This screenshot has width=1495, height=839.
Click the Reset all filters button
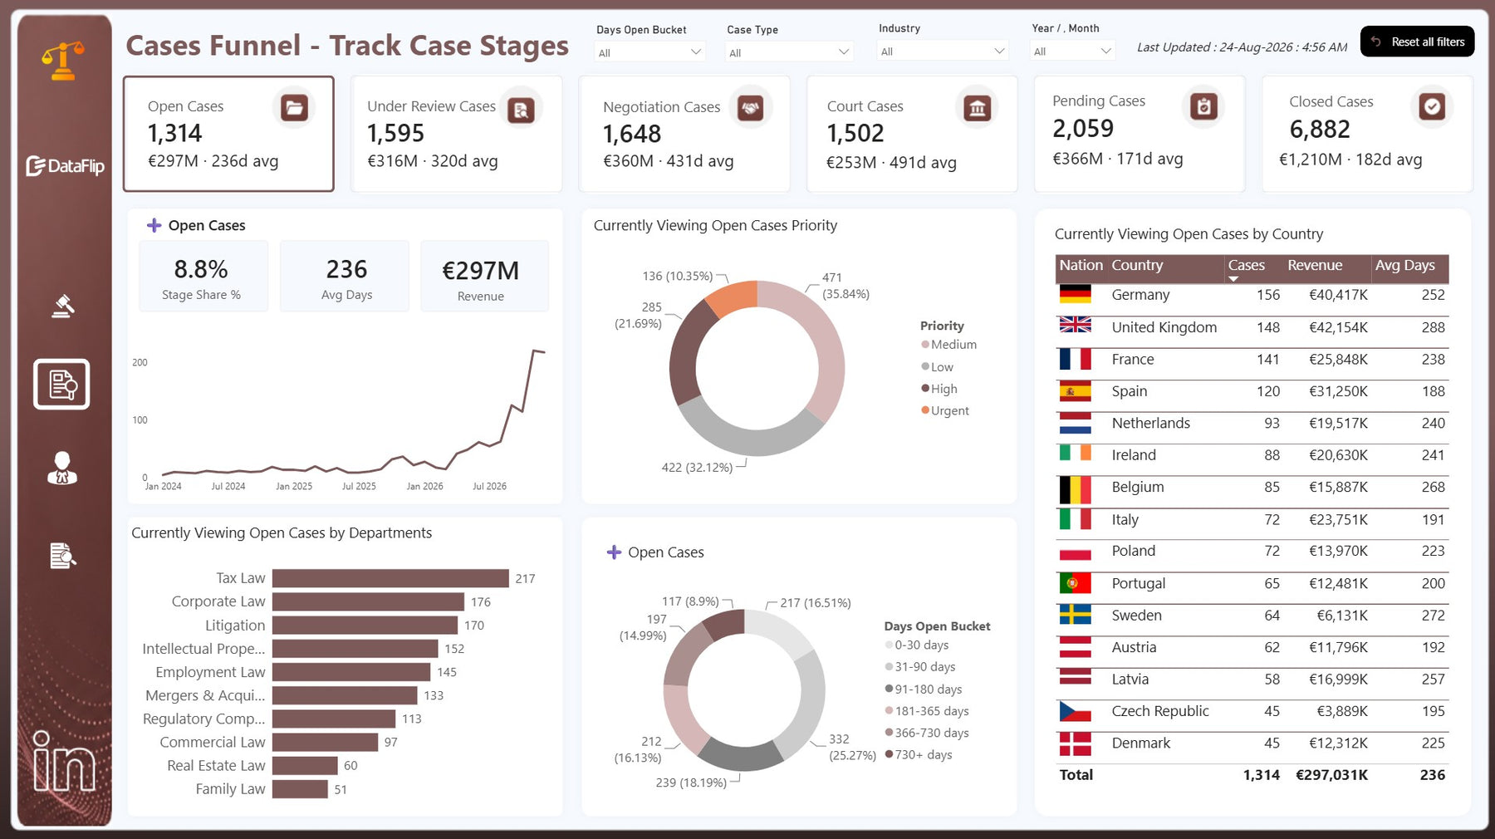click(1417, 42)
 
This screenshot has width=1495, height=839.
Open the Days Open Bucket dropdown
click(650, 52)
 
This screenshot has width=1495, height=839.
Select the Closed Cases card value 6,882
click(1320, 130)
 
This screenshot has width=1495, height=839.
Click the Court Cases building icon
click(978, 108)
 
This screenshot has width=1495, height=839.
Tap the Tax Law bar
click(390, 578)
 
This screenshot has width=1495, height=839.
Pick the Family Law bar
click(300, 789)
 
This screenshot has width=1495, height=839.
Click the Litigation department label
click(235, 626)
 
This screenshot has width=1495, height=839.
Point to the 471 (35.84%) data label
click(846, 286)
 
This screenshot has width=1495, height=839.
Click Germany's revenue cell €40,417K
click(1338, 295)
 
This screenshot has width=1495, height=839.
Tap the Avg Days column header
click(1404, 265)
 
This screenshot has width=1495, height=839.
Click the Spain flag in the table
click(1075, 391)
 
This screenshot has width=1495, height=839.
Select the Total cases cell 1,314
click(1261, 775)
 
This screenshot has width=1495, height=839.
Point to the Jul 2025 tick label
click(359, 486)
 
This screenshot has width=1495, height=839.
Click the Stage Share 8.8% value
click(201, 269)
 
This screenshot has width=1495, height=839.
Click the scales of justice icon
click(63, 61)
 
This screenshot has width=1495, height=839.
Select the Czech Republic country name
click(1160, 711)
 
